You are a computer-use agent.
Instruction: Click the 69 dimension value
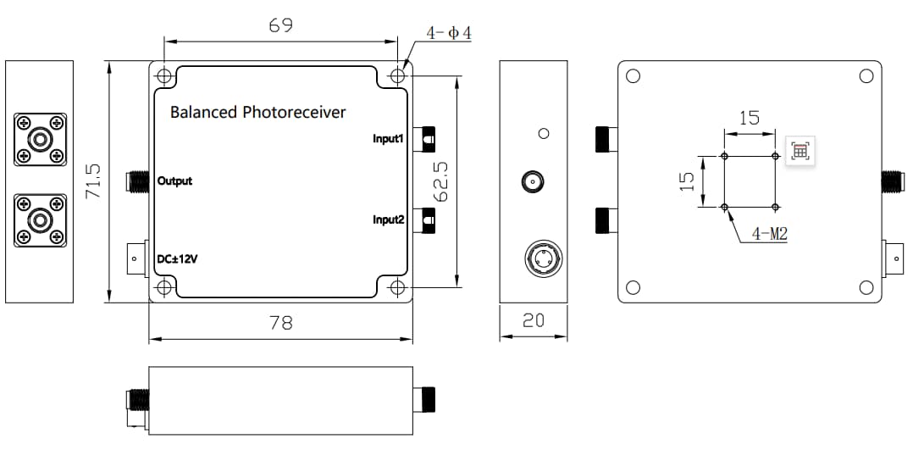point(280,25)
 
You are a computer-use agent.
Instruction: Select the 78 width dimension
point(280,323)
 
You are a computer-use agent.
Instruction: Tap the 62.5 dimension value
point(440,181)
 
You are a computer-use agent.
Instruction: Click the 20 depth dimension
point(534,320)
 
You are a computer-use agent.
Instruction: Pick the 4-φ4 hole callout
point(449,33)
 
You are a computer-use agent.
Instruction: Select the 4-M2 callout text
point(770,234)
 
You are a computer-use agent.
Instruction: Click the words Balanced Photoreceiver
point(257,112)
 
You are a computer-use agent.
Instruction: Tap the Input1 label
point(390,137)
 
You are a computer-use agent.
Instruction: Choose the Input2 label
point(390,220)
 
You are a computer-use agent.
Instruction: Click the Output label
point(174,181)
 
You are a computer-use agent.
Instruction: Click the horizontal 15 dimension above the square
point(750,118)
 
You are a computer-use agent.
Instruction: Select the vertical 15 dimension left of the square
point(687,181)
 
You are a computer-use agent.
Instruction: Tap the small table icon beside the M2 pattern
point(800,152)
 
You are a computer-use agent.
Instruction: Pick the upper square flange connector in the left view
point(39,140)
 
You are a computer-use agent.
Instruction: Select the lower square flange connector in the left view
point(39,220)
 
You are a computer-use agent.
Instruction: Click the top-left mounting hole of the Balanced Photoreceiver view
point(164,75)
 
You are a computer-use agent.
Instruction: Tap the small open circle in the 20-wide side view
point(545,133)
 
